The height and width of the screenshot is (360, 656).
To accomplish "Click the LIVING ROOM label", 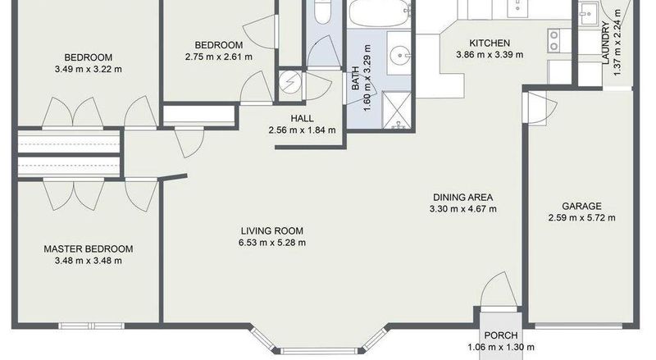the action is (272, 230).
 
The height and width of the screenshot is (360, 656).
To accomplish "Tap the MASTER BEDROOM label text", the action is (89, 248).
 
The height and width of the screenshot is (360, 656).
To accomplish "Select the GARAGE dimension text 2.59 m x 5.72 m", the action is (581, 217).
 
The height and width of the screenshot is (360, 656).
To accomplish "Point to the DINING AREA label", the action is (462, 197).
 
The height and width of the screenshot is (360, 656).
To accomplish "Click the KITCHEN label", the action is (490, 43).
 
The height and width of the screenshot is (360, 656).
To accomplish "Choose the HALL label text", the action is (302, 118).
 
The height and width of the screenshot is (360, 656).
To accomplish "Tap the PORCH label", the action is (501, 335).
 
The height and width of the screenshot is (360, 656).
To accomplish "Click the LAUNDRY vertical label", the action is (605, 43).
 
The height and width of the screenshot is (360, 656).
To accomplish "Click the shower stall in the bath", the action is (396, 111).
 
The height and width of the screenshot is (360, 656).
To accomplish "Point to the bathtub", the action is (379, 13).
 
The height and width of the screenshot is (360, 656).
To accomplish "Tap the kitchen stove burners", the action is (554, 40).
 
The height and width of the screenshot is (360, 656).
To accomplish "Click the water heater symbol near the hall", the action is (289, 83).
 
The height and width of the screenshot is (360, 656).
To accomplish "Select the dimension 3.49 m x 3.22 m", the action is (89, 69).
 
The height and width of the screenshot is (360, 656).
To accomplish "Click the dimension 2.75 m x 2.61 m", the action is (219, 57).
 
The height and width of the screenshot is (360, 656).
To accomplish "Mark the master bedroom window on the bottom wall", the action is (91, 326).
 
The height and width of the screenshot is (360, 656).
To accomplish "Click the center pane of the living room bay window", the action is (318, 351).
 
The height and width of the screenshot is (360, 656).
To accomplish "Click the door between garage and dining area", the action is (540, 108).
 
